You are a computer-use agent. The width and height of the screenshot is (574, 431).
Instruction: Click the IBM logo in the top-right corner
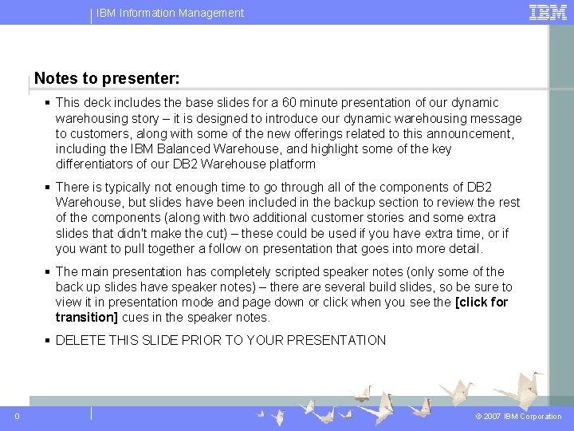(548, 12)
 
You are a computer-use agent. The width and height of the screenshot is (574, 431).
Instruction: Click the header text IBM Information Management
(171, 13)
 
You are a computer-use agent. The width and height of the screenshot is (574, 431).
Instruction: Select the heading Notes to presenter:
(107, 79)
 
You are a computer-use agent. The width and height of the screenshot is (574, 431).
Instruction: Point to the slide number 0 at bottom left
(18, 416)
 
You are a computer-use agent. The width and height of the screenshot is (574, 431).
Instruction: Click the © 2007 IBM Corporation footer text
(518, 417)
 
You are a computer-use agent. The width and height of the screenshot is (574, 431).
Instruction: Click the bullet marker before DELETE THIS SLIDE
(49, 341)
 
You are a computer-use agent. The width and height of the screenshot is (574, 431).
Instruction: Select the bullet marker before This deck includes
(49, 103)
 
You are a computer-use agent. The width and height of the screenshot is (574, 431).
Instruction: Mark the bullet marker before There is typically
(49, 188)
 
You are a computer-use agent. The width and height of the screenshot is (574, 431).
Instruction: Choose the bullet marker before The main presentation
(49, 272)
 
